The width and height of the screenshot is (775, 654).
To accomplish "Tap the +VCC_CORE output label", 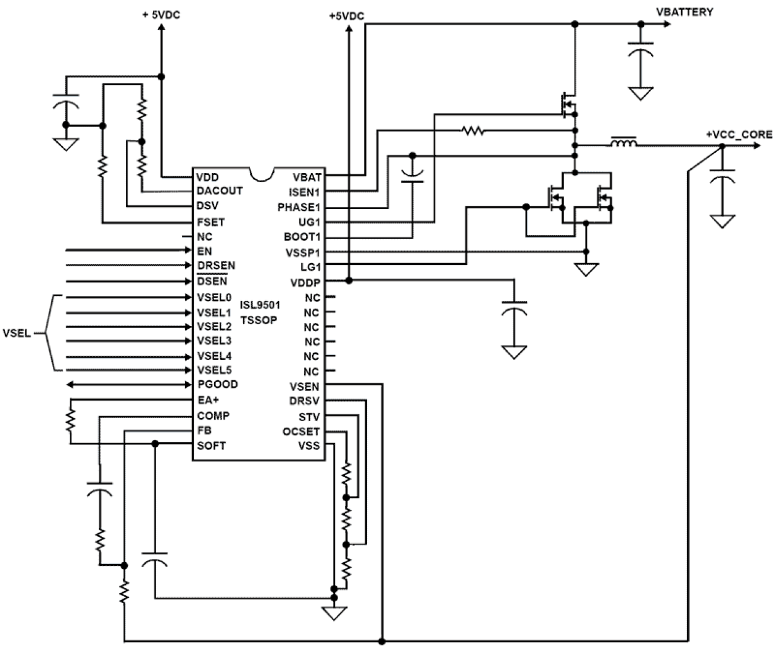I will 739,134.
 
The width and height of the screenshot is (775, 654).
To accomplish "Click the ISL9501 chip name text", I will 260,305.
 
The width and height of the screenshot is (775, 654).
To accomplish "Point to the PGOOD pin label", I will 217,384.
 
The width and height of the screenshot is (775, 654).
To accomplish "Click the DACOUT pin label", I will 219,190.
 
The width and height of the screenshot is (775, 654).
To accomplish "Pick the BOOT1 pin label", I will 302,237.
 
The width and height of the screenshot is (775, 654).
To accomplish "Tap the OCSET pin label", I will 300,431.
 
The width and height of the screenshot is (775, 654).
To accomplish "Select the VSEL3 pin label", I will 214,341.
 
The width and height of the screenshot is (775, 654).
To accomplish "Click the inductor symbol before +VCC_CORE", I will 624,144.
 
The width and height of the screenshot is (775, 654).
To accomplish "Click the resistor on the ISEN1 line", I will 473,130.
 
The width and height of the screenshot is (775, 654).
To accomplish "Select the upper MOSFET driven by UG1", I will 567,105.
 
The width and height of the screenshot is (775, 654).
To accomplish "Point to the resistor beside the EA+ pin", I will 71,421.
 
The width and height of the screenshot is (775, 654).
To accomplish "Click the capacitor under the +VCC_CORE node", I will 721,176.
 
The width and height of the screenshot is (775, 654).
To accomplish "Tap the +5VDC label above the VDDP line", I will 346,17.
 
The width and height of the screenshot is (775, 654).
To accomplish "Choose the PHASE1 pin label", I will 299,207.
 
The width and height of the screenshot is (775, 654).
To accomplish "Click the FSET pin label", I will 210,222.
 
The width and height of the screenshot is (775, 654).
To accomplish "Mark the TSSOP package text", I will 259,320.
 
